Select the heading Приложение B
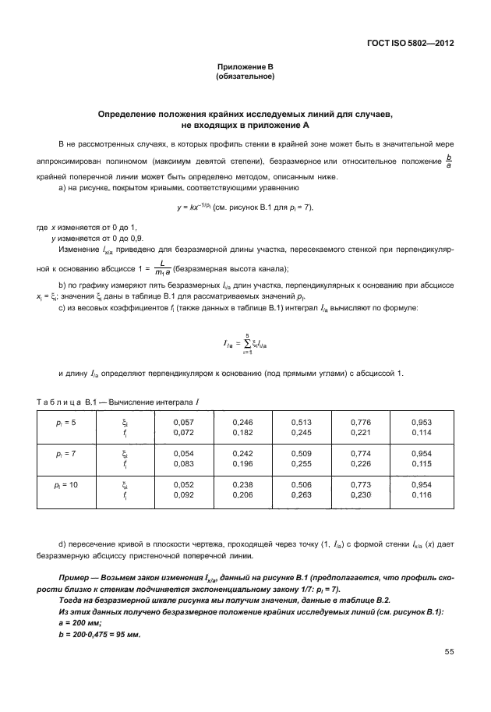tap(245, 69)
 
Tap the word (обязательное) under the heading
tap(245, 77)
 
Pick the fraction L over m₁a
tap(161, 268)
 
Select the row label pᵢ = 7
tap(65, 454)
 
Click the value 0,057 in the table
tap(182, 421)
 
